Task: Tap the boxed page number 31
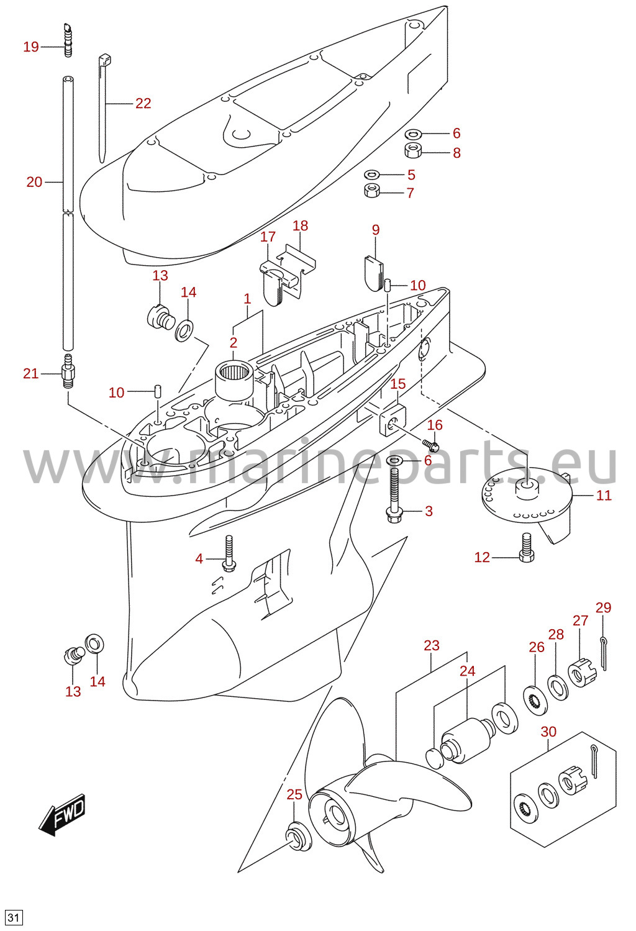(14, 918)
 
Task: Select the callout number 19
(31, 47)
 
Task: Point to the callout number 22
(143, 103)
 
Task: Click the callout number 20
(35, 181)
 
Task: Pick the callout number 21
(31, 373)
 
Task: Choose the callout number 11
(604, 495)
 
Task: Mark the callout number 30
(548, 731)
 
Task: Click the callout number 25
(294, 794)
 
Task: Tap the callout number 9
(376, 229)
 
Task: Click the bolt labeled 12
(527, 548)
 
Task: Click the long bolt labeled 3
(394, 494)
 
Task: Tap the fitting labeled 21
(67, 371)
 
